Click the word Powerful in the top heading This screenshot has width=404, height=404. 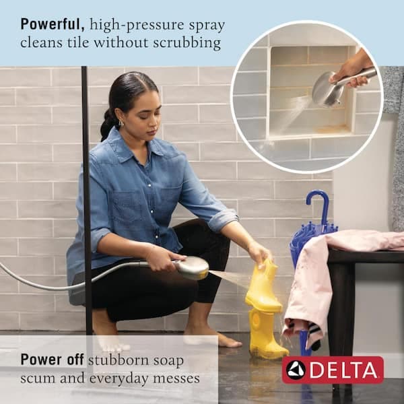[52, 25]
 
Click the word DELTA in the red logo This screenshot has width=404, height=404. [343, 370]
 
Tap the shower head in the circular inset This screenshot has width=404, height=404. [327, 90]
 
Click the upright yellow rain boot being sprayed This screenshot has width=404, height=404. [263, 286]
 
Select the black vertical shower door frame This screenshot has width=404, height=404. [86, 202]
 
